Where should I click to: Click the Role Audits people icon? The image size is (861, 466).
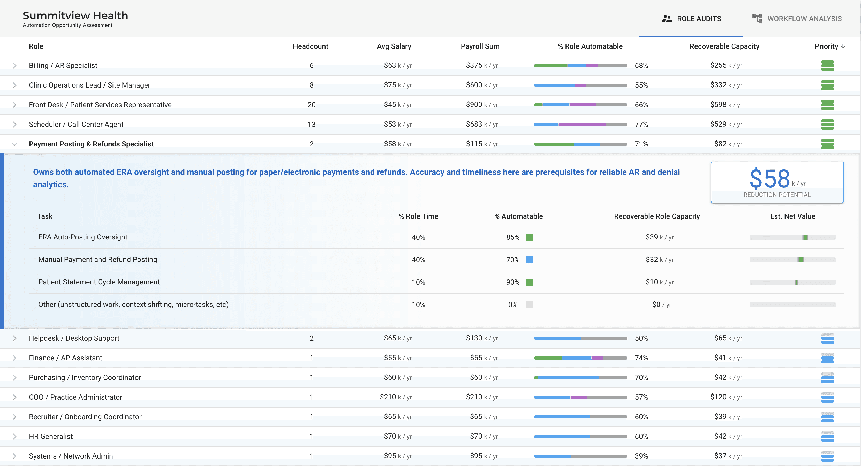pyautogui.click(x=667, y=19)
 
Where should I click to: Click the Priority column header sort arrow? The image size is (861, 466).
pyautogui.click(x=843, y=46)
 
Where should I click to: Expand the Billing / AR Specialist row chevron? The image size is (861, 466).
pyautogui.click(x=14, y=65)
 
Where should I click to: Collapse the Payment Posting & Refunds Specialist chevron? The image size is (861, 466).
pyautogui.click(x=14, y=144)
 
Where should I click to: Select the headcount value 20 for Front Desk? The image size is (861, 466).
pyautogui.click(x=311, y=105)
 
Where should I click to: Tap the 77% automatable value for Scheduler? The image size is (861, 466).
pyautogui.click(x=641, y=125)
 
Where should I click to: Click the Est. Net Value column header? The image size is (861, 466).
pyautogui.click(x=792, y=216)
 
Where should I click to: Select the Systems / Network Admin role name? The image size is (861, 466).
pyautogui.click(x=71, y=456)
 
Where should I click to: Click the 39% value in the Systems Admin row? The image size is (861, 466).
pyautogui.click(x=641, y=456)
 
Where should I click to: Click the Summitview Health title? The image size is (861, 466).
pyautogui.click(x=75, y=15)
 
